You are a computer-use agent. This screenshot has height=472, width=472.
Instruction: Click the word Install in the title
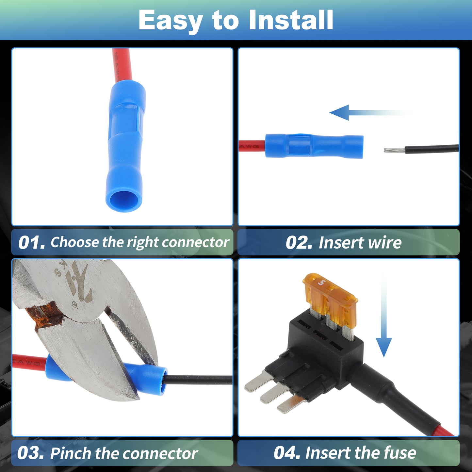click(x=291, y=20)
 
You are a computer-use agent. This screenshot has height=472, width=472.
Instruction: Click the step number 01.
click(x=32, y=242)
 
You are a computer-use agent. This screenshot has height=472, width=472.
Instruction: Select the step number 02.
click(x=299, y=242)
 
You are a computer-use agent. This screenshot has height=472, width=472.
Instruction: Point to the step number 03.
click(x=31, y=453)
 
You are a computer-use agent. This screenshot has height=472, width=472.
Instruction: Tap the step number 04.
click(x=287, y=453)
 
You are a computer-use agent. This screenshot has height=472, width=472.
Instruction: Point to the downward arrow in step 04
click(x=384, y=316)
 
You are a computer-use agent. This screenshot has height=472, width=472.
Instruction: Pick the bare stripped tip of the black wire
click(x=394, y=150)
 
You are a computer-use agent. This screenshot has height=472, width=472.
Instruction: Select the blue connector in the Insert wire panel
click(x=314, y=146)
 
